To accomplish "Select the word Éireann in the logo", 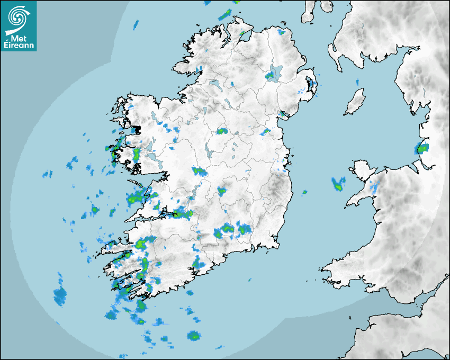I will point(19,46).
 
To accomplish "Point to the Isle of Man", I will point(355,102).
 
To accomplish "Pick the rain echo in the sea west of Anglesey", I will point(338,184).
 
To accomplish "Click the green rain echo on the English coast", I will point(422,148).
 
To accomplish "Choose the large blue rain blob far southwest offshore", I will point(60,296).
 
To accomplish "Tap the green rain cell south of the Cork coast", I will point(194,336).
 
